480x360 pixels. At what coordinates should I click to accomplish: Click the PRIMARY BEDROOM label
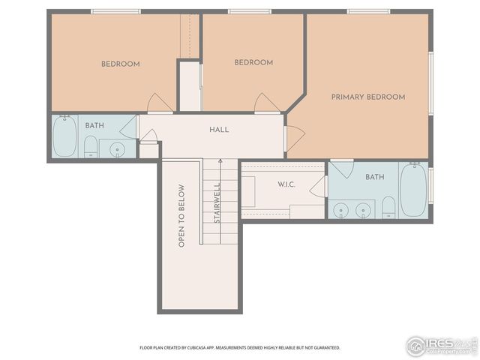[368, 97]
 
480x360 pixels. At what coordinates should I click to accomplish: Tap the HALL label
[219, 130]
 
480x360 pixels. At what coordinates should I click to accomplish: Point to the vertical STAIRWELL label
[217, 203]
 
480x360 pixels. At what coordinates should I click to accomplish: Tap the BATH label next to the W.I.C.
[374, 177]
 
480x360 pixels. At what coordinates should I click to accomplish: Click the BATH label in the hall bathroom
[94, 125]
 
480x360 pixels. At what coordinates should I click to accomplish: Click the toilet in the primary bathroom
[388, 207]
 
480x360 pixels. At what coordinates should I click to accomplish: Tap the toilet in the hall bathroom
[90, 147]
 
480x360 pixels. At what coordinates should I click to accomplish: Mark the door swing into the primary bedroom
[295, 137]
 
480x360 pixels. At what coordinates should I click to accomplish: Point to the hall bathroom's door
[129, 127]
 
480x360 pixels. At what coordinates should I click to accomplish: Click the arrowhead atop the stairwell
[220, 160]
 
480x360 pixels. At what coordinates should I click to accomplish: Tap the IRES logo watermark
[440, 346]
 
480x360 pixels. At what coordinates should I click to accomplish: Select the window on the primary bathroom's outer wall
[430, 189]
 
